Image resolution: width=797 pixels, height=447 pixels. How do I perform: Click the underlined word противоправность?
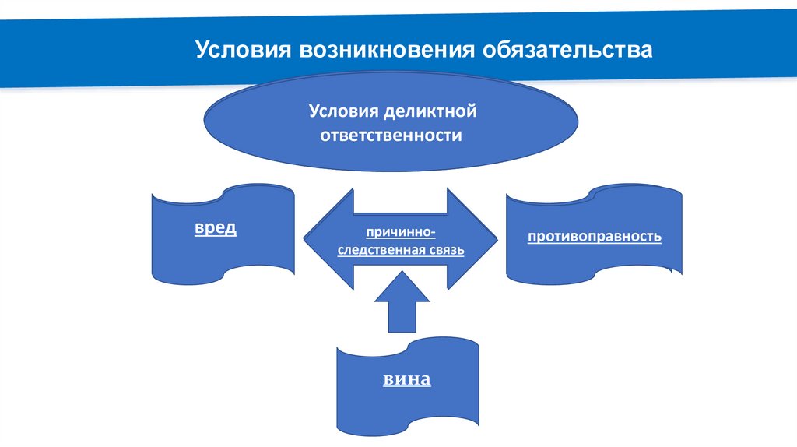(x=595, y=235)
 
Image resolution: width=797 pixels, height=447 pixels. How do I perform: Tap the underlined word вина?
(x=406, y=380)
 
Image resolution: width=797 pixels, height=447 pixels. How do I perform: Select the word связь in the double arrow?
(x=445, y=251)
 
